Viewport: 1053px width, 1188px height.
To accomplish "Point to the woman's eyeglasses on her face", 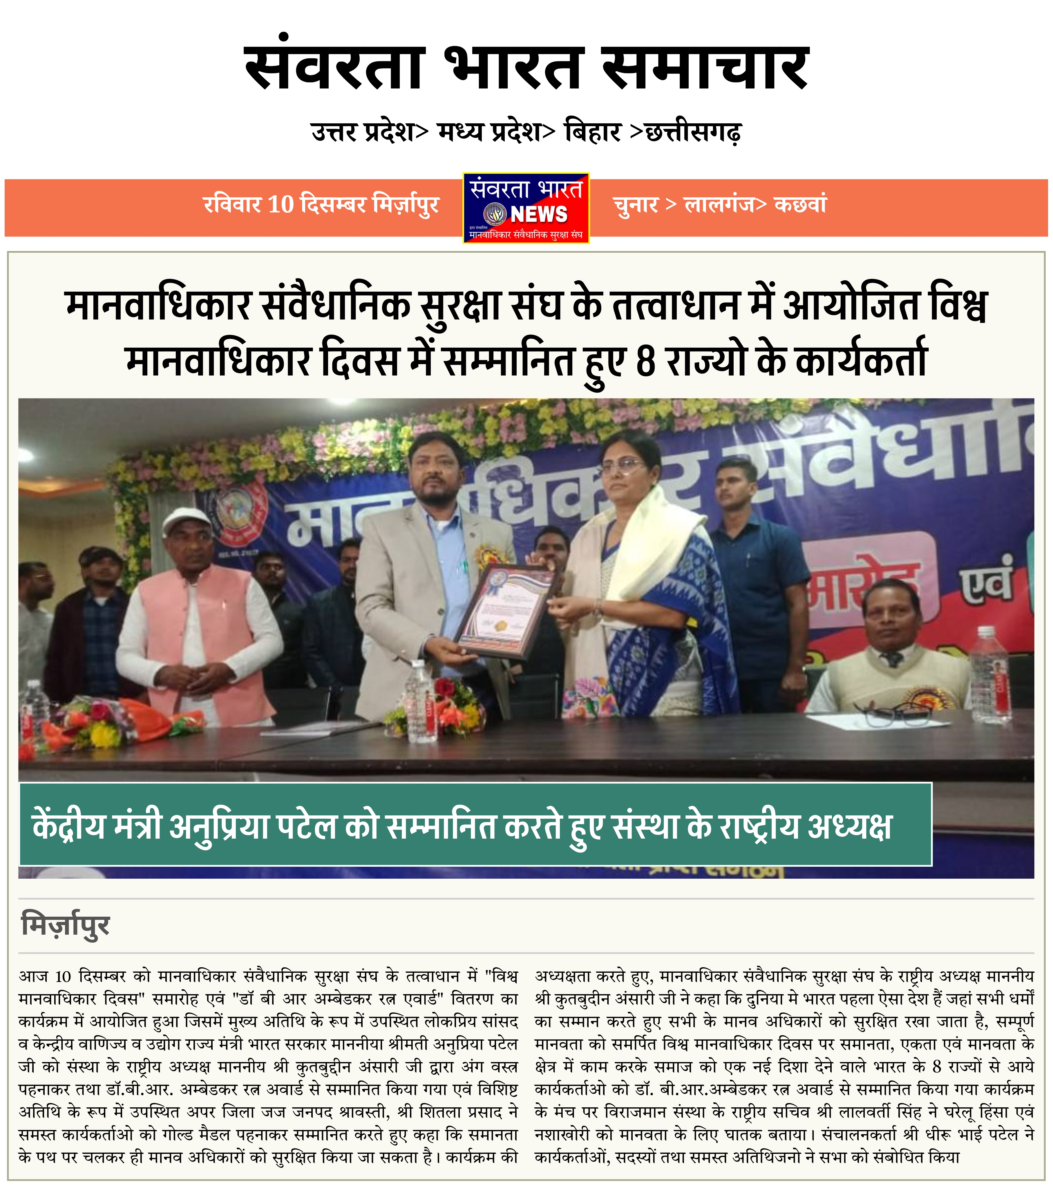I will tap(628, 465).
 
